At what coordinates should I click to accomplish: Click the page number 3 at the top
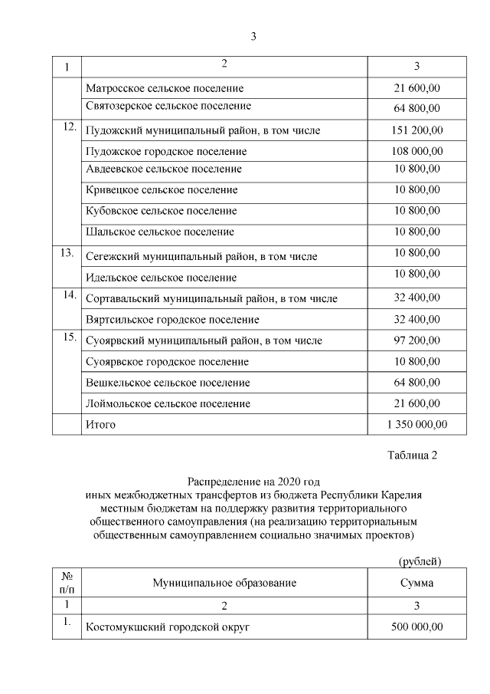pos(253,35)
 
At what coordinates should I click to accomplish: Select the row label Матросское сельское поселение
pos(165,88)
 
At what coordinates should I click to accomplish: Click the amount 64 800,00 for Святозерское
pos(416,107)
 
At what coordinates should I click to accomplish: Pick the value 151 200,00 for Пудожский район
pos(416,130)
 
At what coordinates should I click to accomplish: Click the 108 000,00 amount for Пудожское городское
pos(416,151)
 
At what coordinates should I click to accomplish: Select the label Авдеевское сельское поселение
pos(164,169)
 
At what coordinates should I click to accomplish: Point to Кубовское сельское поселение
pos(162,211)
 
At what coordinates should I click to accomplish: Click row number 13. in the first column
pos(67,252)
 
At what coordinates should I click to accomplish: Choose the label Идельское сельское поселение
pos(162,278)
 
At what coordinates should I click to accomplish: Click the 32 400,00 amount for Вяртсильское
pos(416,319)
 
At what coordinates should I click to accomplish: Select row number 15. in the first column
pos(67,336)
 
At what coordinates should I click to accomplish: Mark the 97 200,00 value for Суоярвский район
pos(416,340)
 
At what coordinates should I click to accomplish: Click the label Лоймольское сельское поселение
pos(168,403)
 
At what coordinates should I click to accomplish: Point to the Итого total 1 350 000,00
pos(416,424)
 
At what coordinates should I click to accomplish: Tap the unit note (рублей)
pos(420,561)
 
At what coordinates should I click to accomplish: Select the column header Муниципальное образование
pos(224,584)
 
